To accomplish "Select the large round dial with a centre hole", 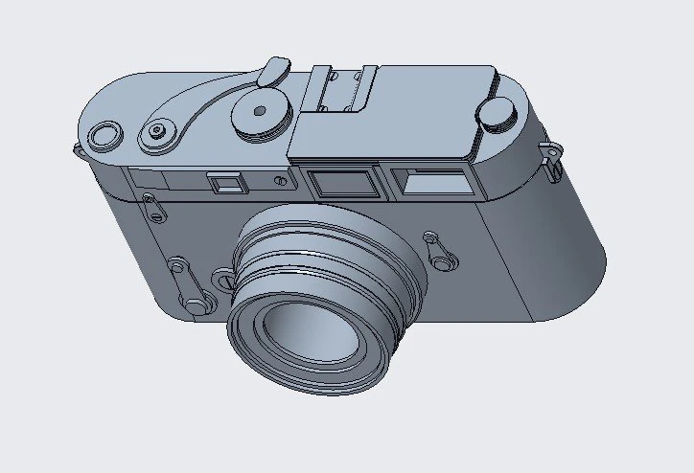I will coord(259,113).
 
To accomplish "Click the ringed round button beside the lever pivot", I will coord(103,135).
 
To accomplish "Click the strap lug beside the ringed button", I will coord(77,151).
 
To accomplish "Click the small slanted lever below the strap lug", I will coord(151,206).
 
